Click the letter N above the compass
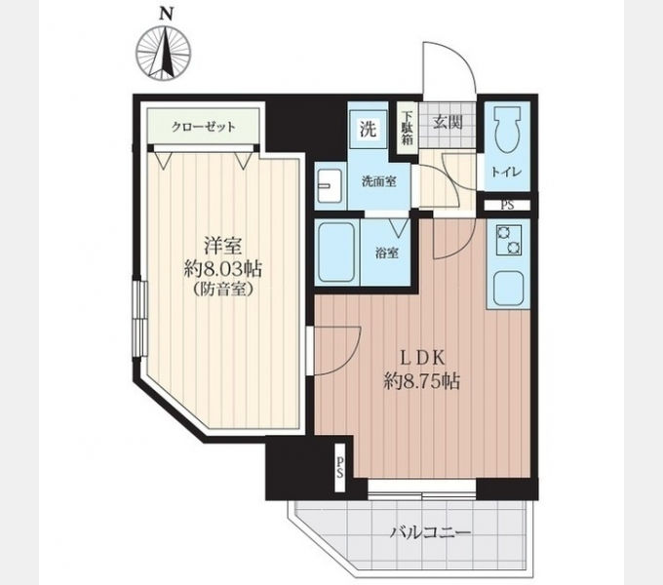(x=167, y=15)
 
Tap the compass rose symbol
(x=164, y=54)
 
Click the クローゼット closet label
(x=203, y=127)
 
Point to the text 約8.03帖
(x=223, y=269)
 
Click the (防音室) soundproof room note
(x=223, y=290)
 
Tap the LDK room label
(x=422, y=359)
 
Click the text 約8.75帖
(x=422, y=381)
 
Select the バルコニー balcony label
(x=430, y=532)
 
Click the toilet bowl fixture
(x=507, y=130)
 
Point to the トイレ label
(x=507, y=172)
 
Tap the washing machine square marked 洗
(x=369, y=129)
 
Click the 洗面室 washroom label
(x=379, y=181)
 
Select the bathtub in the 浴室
(x=336, y=253)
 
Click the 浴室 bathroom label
(x=387, y=253)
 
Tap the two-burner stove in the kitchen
(x=509, y=240)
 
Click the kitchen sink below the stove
(x=509, y=290)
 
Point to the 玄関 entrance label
(x=448, y=122)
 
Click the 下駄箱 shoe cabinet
(x=408, y=128)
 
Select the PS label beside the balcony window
(x=340, y=468)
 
